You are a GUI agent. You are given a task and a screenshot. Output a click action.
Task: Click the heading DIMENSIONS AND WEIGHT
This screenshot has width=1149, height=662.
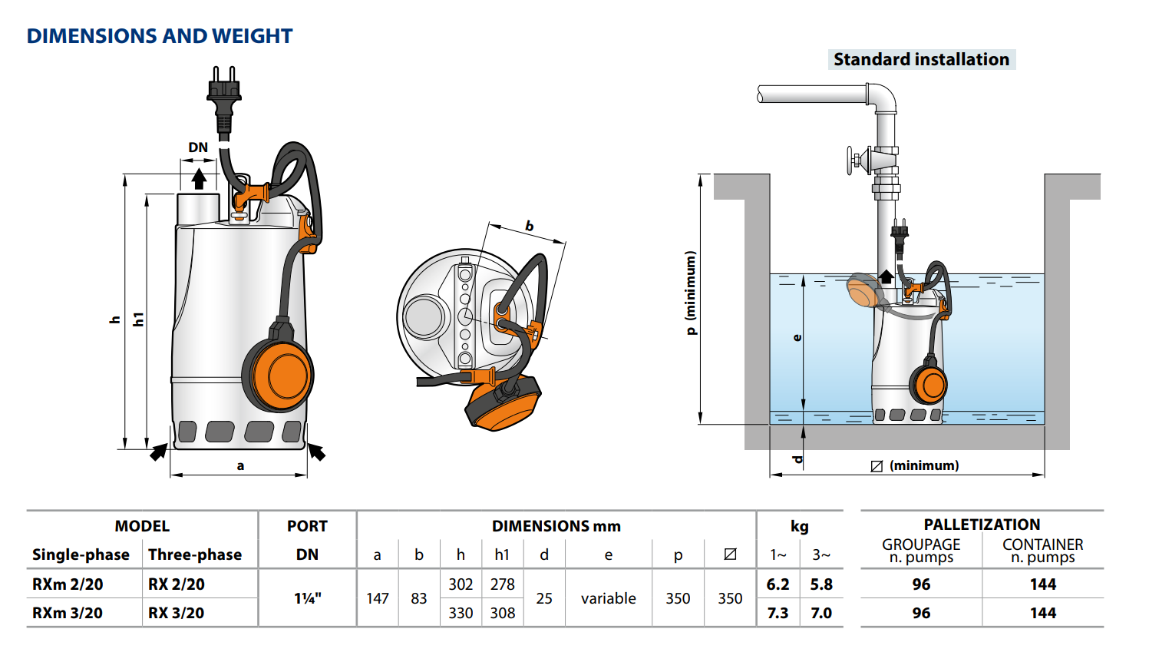tap(160, 36)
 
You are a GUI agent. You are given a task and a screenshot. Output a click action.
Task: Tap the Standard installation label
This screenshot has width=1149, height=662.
tap(921, 60)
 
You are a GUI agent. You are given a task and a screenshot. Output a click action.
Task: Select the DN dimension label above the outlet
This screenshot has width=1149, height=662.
tap(198, 147)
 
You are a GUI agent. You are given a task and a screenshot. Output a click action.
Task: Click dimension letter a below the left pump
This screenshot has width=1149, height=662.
tap(240, 465)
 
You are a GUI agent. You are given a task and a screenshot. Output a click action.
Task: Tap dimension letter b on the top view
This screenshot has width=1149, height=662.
tap(529, 226)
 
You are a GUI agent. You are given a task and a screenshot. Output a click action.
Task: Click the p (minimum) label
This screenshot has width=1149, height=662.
tap(691, 293)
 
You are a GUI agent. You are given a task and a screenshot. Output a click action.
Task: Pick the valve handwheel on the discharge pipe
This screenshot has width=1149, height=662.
tap(852, 161)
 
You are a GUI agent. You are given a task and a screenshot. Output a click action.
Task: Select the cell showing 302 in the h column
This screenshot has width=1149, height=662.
tap(461, 584)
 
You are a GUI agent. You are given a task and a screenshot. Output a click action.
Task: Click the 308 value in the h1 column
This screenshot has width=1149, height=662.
tap(503, 613)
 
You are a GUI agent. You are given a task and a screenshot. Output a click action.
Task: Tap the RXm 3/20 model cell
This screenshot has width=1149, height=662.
tap(68, 613)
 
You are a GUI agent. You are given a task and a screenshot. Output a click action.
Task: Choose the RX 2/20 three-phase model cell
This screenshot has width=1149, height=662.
tap(177, 584)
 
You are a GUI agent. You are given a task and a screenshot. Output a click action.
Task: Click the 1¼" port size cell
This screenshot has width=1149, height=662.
tap(308, 598)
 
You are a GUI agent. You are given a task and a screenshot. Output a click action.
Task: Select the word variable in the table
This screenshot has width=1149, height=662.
tap(608, 598)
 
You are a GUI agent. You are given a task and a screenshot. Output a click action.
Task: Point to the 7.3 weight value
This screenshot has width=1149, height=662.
tap(778, 613)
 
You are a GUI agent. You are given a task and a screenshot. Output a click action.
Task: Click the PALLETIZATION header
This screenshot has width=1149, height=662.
tap(982, 525)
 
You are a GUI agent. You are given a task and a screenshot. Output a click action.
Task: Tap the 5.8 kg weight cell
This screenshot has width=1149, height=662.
tap(821, 584)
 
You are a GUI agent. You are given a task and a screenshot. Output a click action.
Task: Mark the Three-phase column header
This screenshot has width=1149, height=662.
tap(195, 554)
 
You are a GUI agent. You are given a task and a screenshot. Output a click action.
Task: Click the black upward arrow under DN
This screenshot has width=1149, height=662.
tap(199, 179)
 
